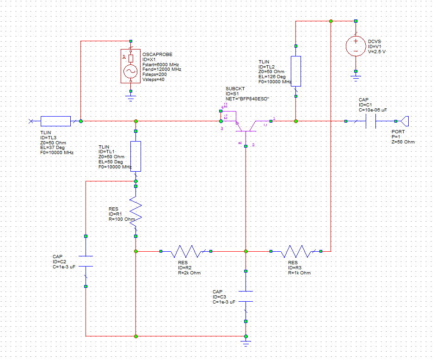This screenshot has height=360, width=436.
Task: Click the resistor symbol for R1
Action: pos(136,211)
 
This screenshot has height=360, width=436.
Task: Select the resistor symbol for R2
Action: pos(186,251)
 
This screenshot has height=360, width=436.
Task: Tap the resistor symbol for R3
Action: pos(296,251)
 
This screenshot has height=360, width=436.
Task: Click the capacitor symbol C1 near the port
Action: pos(370,121)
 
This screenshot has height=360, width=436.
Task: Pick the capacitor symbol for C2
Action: pos(86,261)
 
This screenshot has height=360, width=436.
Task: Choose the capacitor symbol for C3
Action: pos(246,296)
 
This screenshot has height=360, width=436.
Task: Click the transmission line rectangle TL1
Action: pos(136,156)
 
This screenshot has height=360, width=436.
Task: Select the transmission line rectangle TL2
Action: pos(296,71)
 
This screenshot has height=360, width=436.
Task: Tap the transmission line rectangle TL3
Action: pos(55,121)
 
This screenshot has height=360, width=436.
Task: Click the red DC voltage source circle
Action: pos(356,46)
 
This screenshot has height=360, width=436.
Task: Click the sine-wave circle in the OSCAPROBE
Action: pos(131,72)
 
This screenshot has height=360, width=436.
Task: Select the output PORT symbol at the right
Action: pos(405,121)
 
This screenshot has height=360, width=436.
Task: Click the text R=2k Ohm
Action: pos(189,273)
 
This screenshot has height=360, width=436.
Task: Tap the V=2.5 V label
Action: pos(377,52)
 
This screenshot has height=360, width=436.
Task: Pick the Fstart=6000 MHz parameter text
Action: pos(160,64)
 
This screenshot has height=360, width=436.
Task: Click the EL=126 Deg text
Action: pos(272,77)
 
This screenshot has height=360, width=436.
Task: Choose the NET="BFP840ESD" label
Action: pos(247,99)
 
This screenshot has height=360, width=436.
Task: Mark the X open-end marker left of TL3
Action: pos(31,121)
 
